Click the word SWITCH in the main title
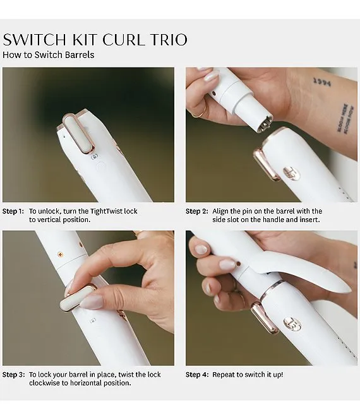(x=35, y=40)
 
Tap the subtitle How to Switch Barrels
(x=49, y=55)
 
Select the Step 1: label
(x=13, y=211)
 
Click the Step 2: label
(x=197, y=211)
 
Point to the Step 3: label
(x=14, y=375)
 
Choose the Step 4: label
(x=197, y=375)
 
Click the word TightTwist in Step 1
(x=107, y=211)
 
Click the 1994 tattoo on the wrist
(x=322, y=82)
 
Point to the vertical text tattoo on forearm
(x=345, y=119)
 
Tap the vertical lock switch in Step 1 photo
(x=78, y=134)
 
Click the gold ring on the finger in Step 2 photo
(x=200, y=112)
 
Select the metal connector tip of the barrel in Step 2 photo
(x=263, y=124)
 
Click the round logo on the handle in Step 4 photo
(x=292, y=324)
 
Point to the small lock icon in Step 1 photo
(x=95, y=157)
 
